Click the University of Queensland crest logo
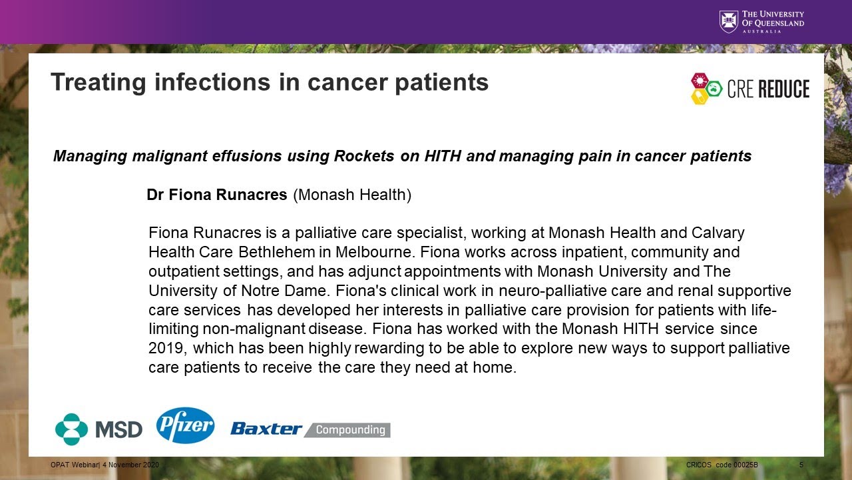tap(729, 21)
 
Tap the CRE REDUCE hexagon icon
tap(706, 89)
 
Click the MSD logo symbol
tap(71, 429)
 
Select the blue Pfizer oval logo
tap(185, 425)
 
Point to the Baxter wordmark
tap(266, 429)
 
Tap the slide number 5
tap(801, 464)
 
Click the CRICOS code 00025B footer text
tap(722, 464)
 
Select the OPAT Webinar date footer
tap(105, 464)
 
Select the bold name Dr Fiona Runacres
tap(217, 195)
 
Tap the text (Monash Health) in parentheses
tap(352, 195)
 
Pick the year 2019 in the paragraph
tap(167, 349)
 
